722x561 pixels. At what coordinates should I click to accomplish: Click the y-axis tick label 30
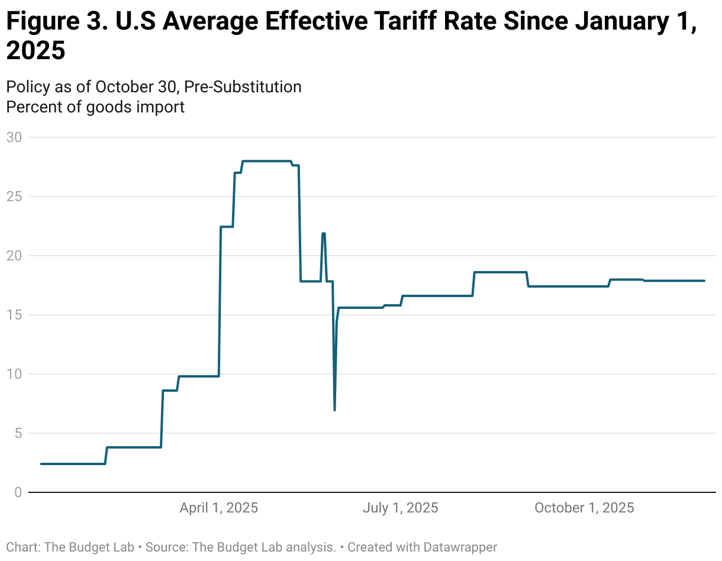[14, 137]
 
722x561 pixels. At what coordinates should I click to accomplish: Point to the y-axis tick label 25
[14, 196]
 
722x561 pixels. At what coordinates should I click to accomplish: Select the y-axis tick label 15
[14, 315]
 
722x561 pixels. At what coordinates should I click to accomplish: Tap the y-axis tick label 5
[17, 433]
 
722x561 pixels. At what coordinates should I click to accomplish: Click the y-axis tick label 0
[17, 492]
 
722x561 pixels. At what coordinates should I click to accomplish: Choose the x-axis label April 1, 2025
[219, 508]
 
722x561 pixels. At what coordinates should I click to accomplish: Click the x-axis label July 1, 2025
[400, 508]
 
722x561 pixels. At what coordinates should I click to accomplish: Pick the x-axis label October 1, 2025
[584, 508]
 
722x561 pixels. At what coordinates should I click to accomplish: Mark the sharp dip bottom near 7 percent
[335, 409]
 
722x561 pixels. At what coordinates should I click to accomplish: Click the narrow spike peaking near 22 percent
[324, 234]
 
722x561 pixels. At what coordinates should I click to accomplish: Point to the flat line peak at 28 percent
[266, 161]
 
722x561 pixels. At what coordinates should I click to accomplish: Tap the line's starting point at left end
[41, 464]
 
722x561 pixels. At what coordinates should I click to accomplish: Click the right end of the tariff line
[704, 280]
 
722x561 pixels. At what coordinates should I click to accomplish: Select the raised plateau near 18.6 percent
[500, 272]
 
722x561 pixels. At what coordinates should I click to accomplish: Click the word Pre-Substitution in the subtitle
[243, 86]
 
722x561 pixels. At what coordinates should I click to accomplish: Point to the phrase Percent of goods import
[95, 107]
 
